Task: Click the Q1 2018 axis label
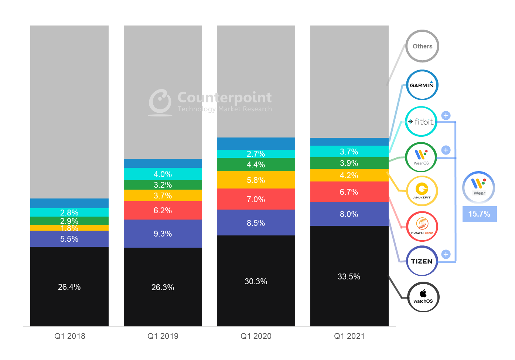[69, 336]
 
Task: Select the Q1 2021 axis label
[349, 336]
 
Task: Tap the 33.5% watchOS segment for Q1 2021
[349, 276]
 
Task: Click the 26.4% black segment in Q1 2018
[69, 286]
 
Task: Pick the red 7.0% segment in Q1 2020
[256, 199]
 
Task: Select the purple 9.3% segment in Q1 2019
[163, 234]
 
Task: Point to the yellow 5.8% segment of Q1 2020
[256, 180]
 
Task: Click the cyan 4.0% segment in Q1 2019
[163, 174]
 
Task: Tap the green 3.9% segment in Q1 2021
[349, 163]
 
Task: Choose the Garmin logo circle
[422, 85]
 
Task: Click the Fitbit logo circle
[421, 122]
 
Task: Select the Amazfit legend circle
[422, 191]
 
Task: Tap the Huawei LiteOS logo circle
[422, 226]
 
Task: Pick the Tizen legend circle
[422, 261]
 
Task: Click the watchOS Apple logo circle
[423, 297]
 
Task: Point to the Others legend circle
[422, 46]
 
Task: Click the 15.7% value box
[479, 214]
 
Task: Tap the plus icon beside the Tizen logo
[446, 254]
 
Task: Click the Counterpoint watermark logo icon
[160, 101]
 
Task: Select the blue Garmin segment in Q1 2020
[256, 143]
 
